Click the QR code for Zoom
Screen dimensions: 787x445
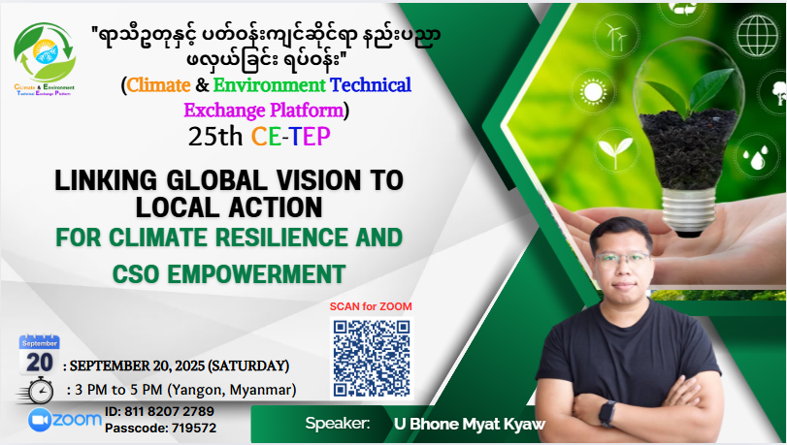point(372,358)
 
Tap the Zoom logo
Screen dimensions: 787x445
point(65,420)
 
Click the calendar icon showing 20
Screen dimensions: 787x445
point(39,355)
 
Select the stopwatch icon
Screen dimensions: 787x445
point(38,391)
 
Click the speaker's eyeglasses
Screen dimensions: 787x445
point(622,260)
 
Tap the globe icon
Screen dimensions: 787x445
point(757,35)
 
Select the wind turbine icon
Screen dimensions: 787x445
point(616,37)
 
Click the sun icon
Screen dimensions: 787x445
point(593,92)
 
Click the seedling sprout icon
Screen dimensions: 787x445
point(615,152)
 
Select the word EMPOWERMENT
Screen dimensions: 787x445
point(256,274)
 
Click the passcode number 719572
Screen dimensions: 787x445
point(194,429)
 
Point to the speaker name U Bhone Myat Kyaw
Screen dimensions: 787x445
point(470,424)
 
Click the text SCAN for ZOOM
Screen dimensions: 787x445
point(371,306)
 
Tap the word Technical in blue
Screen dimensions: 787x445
point(371,85)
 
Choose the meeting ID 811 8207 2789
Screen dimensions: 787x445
point(169,411)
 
